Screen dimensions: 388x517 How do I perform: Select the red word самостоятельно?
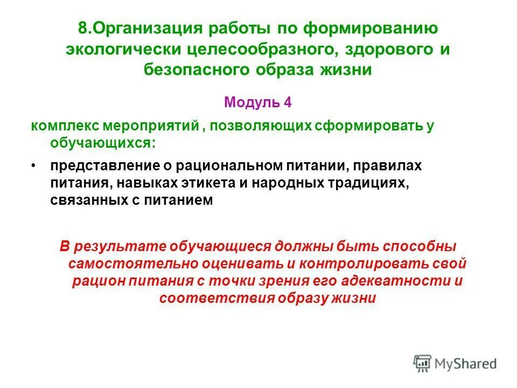coord(134,264)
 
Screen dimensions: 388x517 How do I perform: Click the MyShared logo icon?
coord(422,363)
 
